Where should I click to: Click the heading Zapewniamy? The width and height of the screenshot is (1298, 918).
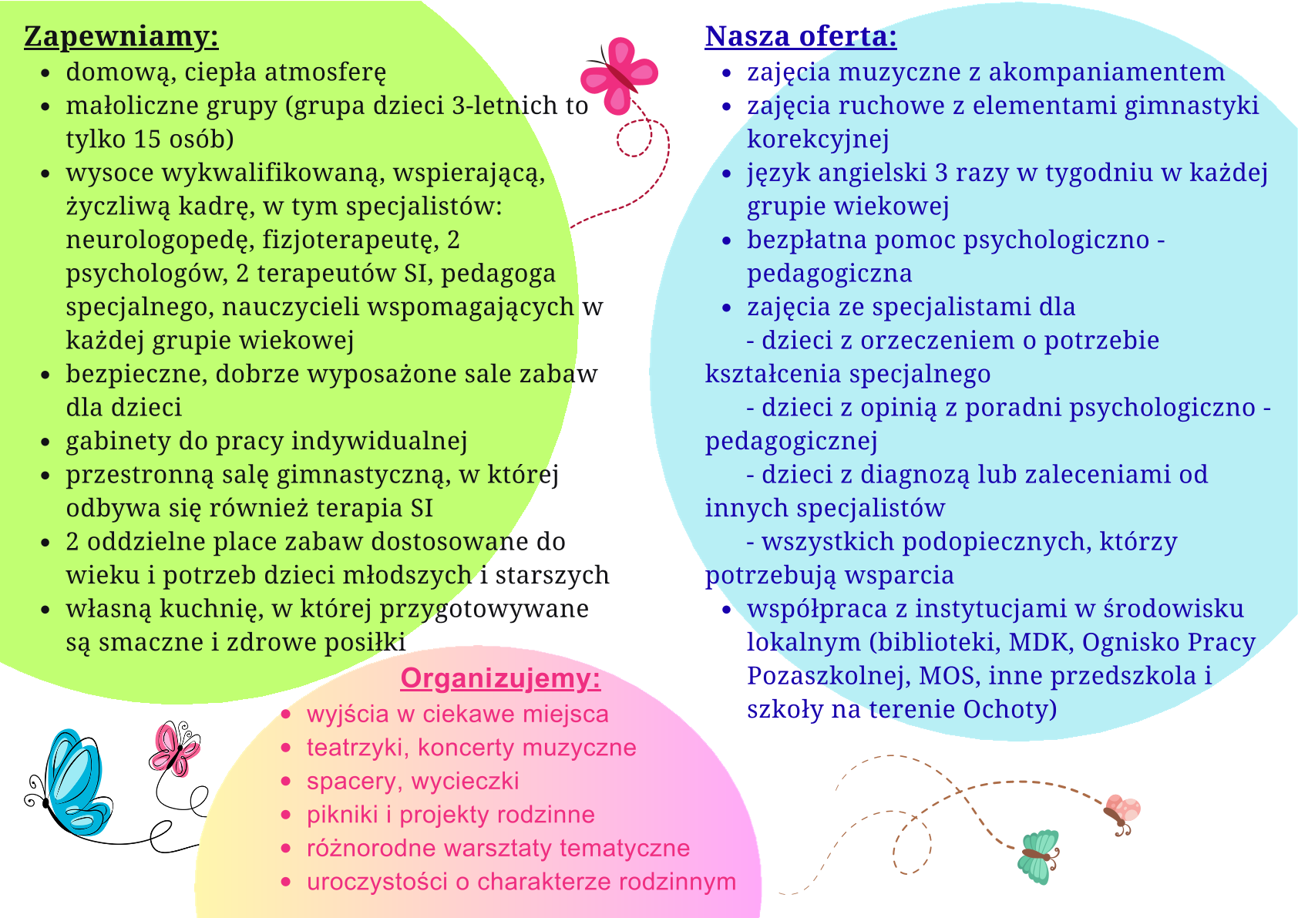click(121, 36)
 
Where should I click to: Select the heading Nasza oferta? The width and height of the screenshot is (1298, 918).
click(800, 36)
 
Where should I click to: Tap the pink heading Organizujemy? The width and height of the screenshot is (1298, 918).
click(500, 678)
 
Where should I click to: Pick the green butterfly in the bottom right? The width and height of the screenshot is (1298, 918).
click(1038, 856)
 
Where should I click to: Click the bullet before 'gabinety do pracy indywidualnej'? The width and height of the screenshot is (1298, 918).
click(46, 442)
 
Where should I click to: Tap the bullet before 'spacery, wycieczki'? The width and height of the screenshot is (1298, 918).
click(287, 782)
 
